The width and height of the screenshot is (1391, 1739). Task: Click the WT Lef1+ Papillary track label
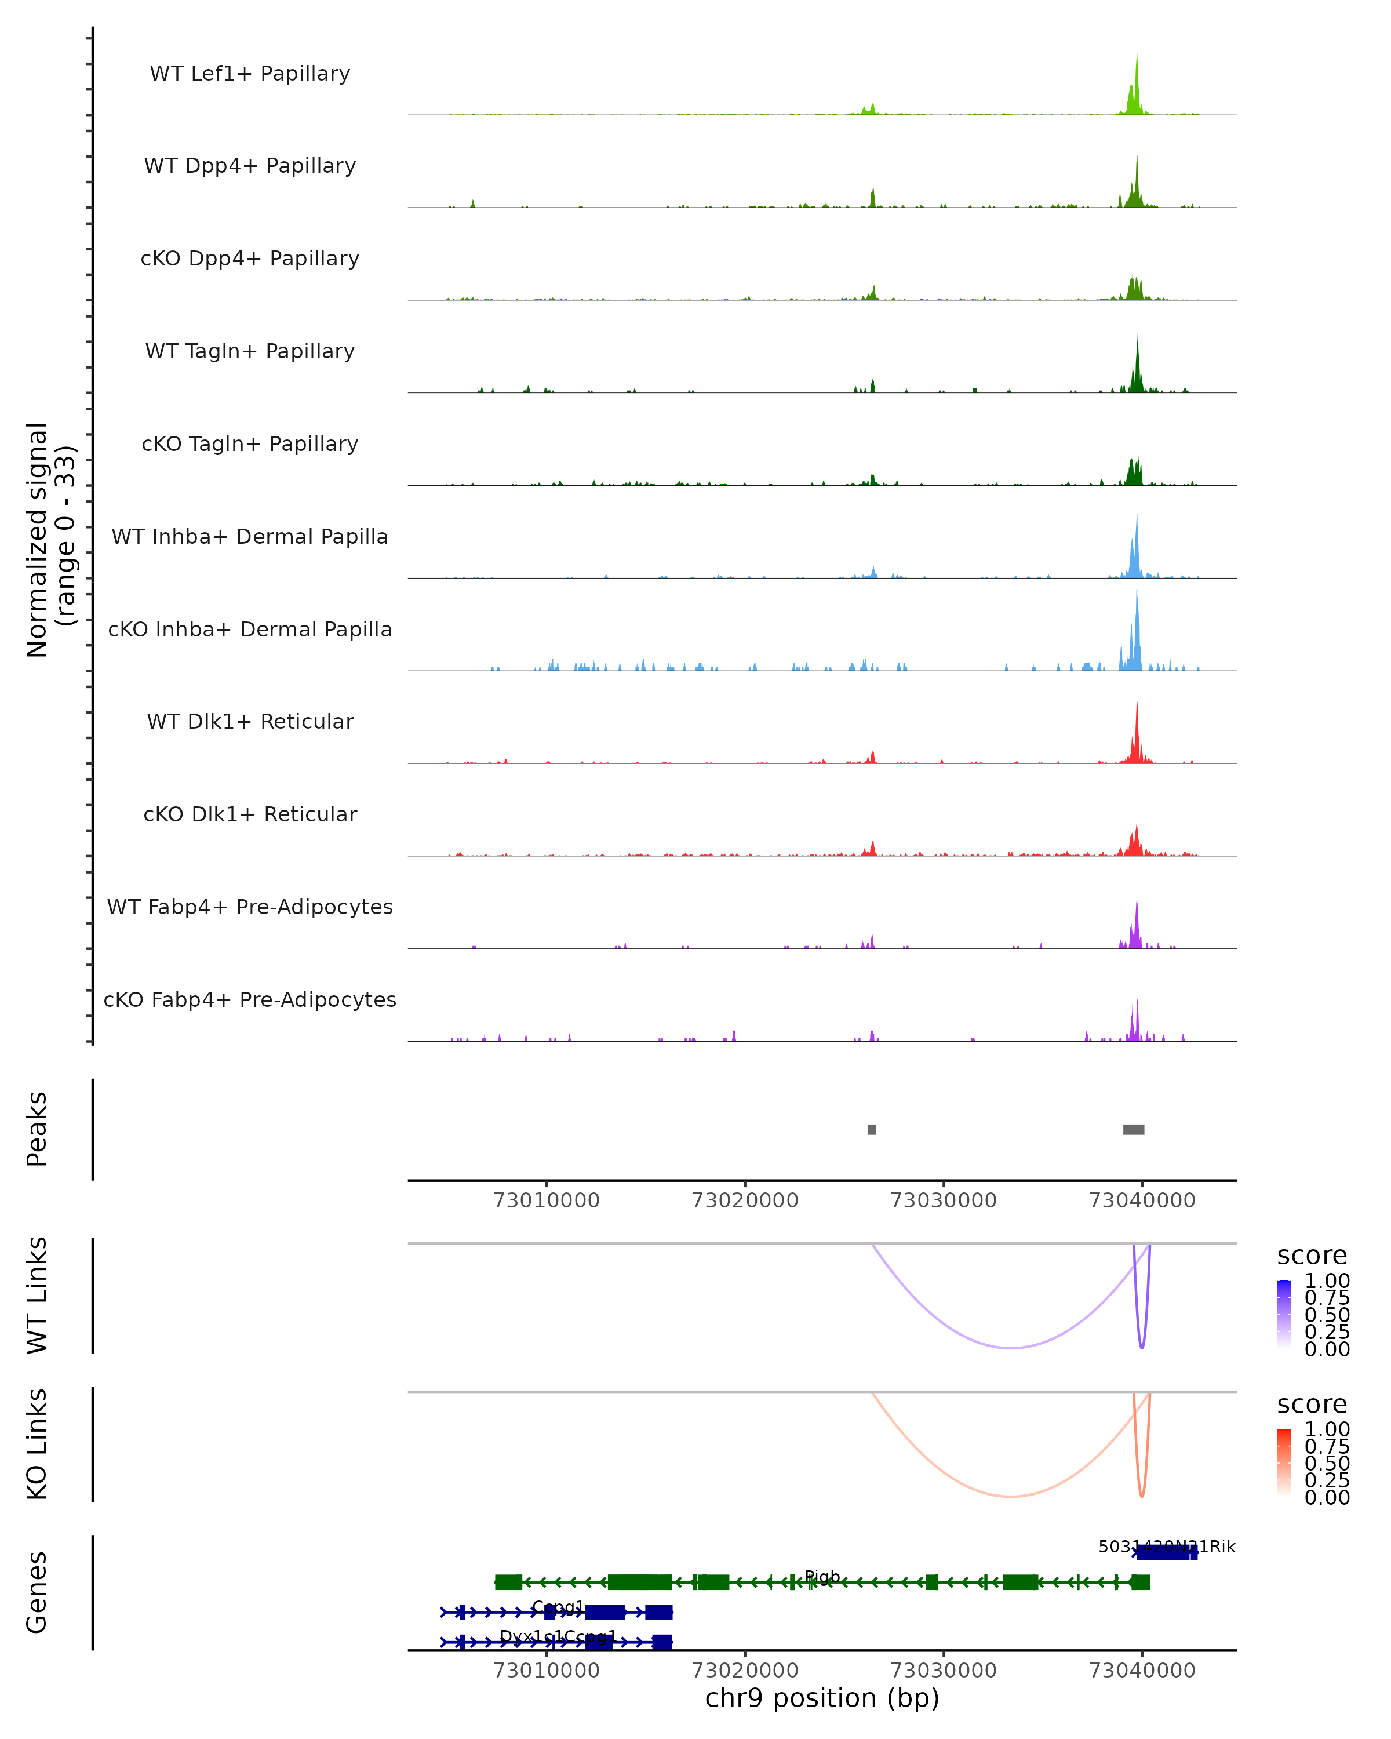point(250,74)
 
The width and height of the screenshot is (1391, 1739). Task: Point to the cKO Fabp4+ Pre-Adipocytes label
point(250,999)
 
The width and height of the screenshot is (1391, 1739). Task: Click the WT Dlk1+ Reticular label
point(250,721)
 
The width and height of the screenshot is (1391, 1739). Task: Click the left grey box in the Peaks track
point(872,1129)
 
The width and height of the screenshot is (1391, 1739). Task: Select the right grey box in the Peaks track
point(1134,1129)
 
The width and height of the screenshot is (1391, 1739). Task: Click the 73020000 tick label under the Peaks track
point(745,1200)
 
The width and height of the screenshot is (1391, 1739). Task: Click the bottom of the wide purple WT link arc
point(1011,1347)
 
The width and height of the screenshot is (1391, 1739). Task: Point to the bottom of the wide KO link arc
point(1011,1496)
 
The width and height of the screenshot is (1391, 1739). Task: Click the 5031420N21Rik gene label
point(1167,1546)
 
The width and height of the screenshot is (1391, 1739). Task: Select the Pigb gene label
point(822,1576)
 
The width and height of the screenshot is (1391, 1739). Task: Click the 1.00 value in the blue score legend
point(1327,1281)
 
